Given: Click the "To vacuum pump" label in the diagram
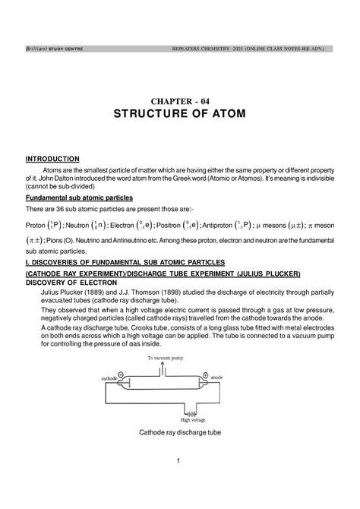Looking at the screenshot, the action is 166,356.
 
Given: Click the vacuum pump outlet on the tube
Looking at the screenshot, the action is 162,367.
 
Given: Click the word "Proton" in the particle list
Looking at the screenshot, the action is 35,226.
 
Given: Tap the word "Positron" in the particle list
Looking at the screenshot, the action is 175,226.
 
